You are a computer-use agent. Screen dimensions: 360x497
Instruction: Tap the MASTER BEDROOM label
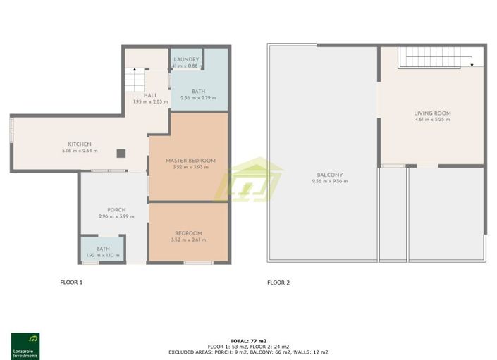click(190, 161)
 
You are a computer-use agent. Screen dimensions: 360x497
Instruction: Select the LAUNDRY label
click(187, 59)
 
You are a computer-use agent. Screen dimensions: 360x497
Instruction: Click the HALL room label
click(150, 95)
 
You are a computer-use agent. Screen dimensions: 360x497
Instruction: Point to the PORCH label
click(116, 209)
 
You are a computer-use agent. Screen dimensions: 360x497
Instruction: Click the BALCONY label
click(330, 175)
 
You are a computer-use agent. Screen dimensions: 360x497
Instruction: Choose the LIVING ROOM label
click(432, 113)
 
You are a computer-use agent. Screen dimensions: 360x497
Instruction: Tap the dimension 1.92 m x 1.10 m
click(104, 255)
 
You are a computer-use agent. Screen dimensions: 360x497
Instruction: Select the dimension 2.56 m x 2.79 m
click(198, 98)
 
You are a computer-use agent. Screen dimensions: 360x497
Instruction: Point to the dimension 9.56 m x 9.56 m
click(330, 182)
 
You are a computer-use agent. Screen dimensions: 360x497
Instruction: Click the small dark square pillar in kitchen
click(122, 151)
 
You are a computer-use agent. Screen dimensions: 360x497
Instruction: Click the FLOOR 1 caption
click(71, 283)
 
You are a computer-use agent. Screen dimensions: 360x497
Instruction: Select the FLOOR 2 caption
click(278, 283)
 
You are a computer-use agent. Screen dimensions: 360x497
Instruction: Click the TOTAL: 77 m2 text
click(248, 340)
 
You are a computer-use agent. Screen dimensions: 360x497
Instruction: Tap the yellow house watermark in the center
click(248, 181)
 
